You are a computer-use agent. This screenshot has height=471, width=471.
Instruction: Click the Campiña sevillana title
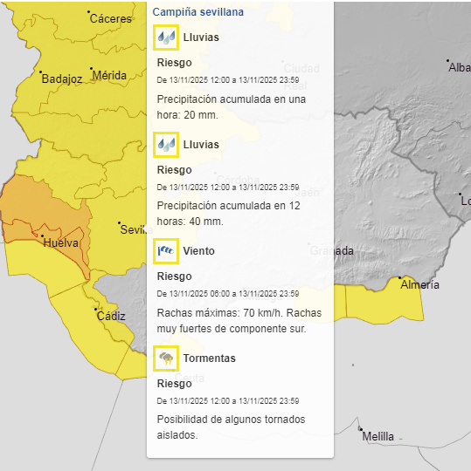click(197, 12)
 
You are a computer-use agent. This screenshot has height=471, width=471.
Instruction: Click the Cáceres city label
click(110, 18)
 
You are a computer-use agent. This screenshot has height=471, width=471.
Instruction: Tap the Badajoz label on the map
click(61, 78)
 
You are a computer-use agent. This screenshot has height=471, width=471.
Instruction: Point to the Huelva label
click(60, 242)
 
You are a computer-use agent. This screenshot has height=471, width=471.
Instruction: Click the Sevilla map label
click(133, 229)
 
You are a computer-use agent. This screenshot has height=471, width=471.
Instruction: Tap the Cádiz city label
click(111, 316)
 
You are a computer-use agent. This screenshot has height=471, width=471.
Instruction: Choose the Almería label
click(419, 284)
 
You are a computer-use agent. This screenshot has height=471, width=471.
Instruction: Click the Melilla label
click(377, 436)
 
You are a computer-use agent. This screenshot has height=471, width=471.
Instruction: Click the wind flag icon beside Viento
click(166, 251)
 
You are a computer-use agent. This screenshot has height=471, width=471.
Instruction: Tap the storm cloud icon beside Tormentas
click(166, 358)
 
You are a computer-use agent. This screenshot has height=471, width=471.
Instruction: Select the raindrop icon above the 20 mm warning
click(166, 38)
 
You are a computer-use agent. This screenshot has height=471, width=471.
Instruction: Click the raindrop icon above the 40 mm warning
click(166, 144)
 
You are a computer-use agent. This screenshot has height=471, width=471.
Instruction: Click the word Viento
click(198, 251)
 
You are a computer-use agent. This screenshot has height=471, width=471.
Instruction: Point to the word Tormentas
click(209, 358)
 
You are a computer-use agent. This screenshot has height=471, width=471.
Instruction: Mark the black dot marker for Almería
click(401, 277)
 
